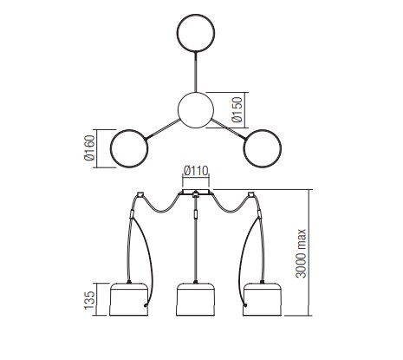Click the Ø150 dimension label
(237, 110)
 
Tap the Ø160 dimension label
(89, 147)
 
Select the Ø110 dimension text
(196, 171)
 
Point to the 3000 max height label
(301, 253)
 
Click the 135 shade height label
(89, 300)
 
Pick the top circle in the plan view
(196, 33)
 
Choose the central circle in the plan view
(196, 110)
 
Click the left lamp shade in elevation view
(129, 299)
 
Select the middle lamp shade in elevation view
(196, 299)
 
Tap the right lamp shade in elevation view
(263, 299)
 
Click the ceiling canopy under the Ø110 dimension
(196, 192)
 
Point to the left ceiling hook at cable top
(140, 194)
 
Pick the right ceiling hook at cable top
(251, 194)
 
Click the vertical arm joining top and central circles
(196, 72)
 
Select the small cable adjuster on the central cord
(196, 214)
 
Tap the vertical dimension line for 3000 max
(309, 252)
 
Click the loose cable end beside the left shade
(146, 305)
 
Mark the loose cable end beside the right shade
(246, 305)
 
